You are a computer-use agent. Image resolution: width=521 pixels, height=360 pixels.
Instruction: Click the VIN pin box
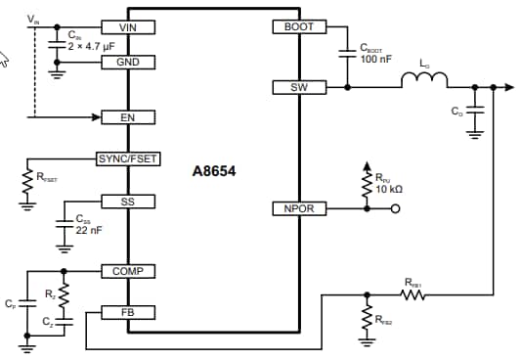(127, 27)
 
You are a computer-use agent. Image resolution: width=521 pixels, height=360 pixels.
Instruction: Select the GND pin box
(127, 61)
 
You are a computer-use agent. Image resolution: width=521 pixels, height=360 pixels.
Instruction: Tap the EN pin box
(127, 117)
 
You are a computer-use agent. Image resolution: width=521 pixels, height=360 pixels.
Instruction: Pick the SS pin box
(127, 201)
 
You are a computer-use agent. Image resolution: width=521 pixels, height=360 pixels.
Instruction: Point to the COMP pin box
(127, 271)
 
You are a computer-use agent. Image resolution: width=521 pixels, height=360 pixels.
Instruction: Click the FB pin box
(127, 312)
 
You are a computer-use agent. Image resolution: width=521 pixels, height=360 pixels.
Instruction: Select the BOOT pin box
(298, 27)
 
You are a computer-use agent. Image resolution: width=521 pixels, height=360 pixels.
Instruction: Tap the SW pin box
(298, 88)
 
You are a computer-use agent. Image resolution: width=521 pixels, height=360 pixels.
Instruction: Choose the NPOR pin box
(298, 208)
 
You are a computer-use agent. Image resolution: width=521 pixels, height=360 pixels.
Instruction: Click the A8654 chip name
(214, 170)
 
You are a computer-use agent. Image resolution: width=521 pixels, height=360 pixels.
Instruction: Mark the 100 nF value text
(375, 60)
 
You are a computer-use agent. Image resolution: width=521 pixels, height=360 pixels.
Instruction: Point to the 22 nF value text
(90, 230)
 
